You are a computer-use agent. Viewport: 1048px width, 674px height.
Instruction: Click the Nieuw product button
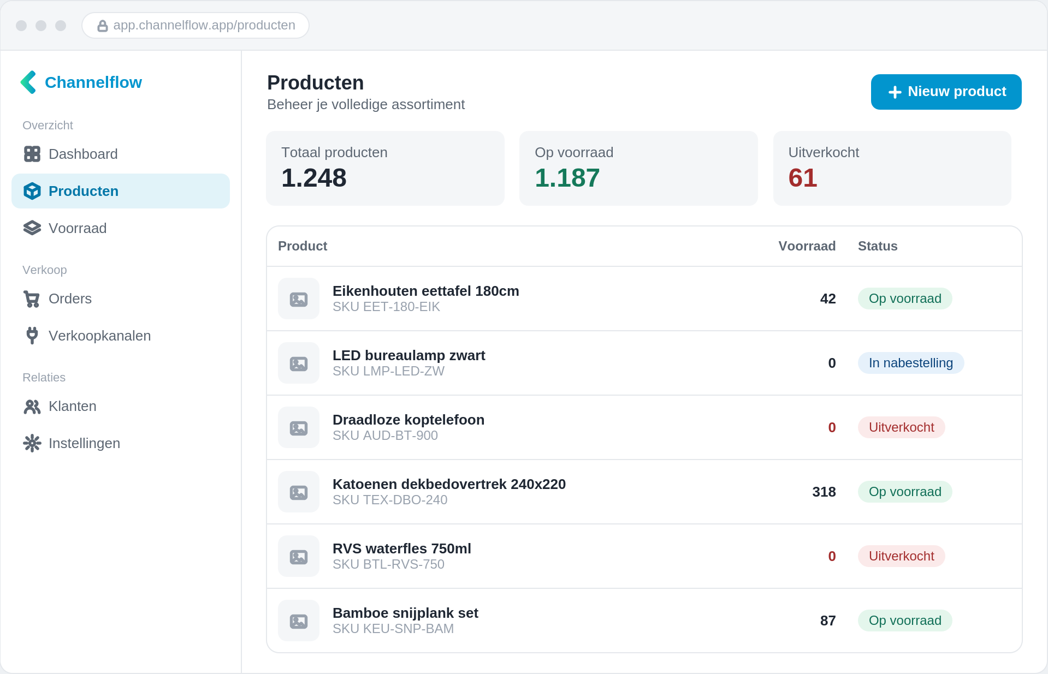point(946,92)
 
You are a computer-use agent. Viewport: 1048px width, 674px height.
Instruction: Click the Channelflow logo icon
point(28,82)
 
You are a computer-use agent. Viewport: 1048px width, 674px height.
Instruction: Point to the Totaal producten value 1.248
point(314,178)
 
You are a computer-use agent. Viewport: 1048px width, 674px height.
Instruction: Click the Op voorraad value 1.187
point(567,178)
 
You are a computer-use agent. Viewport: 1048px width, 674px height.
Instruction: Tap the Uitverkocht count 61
point(803,178)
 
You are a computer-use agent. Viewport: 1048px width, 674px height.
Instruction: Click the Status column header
point(878,246)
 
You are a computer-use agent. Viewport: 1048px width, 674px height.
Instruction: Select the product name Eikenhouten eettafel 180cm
point(426,291)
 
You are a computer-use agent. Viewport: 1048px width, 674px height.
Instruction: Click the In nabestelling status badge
point(911,363)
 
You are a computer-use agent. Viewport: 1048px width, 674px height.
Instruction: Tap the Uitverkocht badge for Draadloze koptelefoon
point(902,427)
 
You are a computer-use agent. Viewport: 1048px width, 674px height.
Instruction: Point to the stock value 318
point(824,492)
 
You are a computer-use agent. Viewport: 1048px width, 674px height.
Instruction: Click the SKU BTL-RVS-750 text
point(388,564)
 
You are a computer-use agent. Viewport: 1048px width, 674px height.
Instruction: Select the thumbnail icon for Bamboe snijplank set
point(299,621)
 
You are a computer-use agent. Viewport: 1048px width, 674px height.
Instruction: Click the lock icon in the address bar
point(102,26)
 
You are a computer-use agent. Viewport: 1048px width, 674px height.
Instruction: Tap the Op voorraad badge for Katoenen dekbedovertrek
point(905,492)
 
